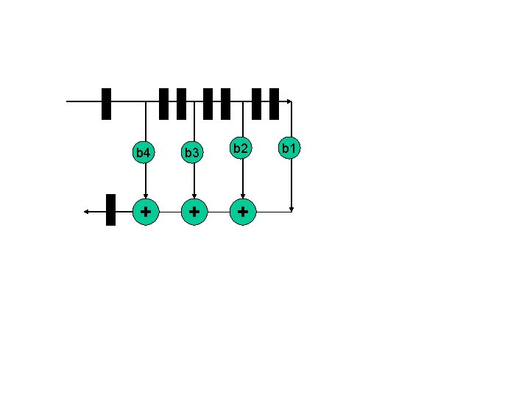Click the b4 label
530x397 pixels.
point(144,153)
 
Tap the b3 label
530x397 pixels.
point(193,153)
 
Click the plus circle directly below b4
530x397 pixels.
point(146,212)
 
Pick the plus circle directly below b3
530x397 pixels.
point(194,212)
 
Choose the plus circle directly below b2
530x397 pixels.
point(243,212)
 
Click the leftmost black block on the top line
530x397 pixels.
point(106,104)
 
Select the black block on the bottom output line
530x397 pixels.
point(111,210)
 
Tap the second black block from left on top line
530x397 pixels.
point(164,104)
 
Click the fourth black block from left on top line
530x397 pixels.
point(208,104)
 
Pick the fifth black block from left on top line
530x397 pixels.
point(225,104)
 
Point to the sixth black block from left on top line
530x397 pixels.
point(257,104)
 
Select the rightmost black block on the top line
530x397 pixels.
point(274,104)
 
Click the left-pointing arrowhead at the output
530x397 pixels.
point(87,212)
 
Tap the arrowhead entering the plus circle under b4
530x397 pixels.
point(146,196)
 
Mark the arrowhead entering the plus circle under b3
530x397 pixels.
point(194,196)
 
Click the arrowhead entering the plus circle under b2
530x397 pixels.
point(243,196)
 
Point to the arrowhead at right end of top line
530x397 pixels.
point(290,101)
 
